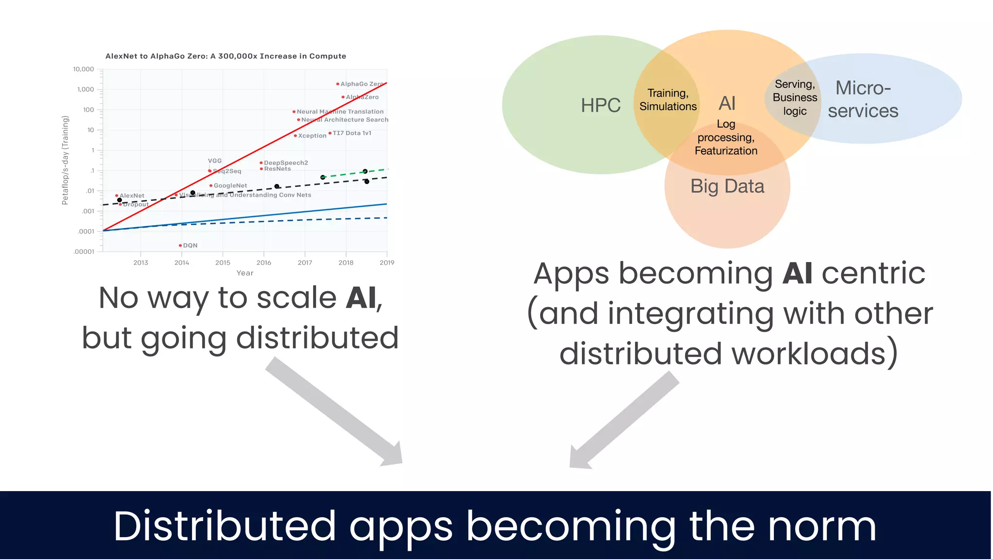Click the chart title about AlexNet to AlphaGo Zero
pos(225,56)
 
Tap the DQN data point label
pos(190,246)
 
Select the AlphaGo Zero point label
pos(361,84)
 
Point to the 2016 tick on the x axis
pos(264,263)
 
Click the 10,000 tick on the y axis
pos(83,69)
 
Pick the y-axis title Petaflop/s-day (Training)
pos(65,160)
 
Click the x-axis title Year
pos(245,273)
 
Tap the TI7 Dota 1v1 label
pos(352,133)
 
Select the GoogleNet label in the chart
pos(230,186)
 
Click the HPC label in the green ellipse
pos(600,105)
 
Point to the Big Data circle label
pos(727,186)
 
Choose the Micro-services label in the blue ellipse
pos(863,99)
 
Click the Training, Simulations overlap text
pos(668,99)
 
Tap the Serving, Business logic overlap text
pos(795,98)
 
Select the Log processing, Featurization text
pos(726,138)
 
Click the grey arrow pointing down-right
pos(335,412)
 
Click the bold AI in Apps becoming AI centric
pos(797,273)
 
